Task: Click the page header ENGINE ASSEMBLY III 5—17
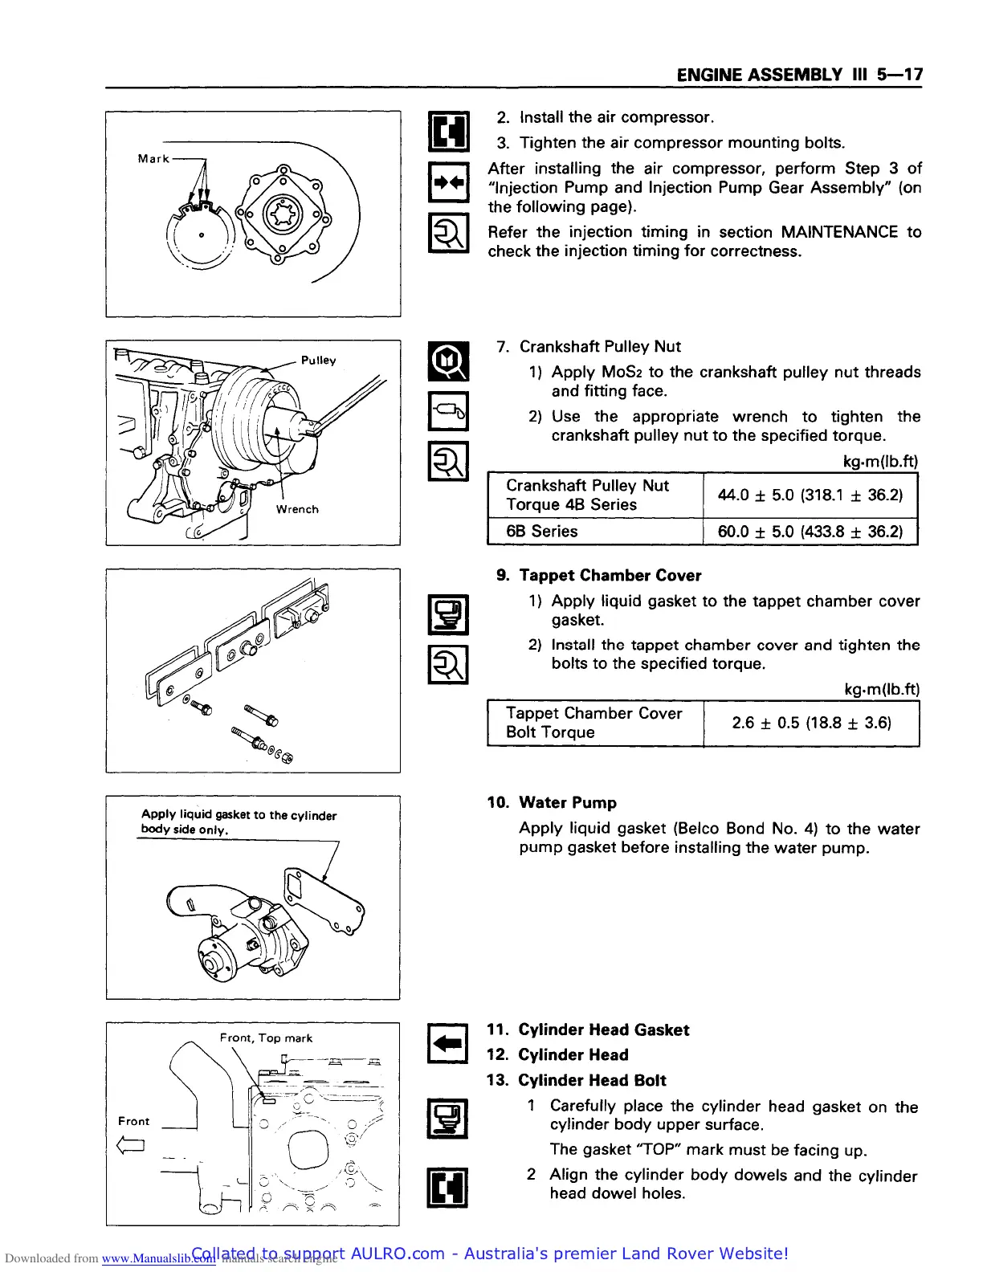(x=799, y=75)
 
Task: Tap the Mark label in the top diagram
(x=153, y=159)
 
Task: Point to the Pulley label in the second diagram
(x=318, y=361)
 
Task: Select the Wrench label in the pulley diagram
(x=297, y=509)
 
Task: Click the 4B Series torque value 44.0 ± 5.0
(x=810, y=495)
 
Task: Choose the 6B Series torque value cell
(x=810, y=532)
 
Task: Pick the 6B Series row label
(x=542, y=532)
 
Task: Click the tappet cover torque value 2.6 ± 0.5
(x=811, y=723)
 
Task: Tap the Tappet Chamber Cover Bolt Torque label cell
(x=593, y=723)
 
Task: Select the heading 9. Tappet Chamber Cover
(x=598, y=576)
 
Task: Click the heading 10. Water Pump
(x=552, y=803)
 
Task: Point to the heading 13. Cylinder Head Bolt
(x=577, y=1081)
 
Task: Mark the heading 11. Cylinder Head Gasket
(x=588, y=1030)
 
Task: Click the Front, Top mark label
(x=266, y=1038)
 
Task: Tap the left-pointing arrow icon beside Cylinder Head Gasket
(x=449, y=1043)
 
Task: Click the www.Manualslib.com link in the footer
(x=158, y=1258)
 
